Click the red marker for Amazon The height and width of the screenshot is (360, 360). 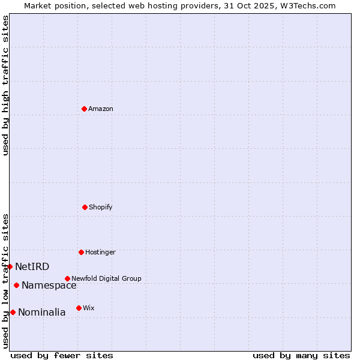(x=84, y=109)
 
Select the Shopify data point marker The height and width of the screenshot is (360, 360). (x=85, y=207)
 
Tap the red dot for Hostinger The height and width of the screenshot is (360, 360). (x=81, y=252)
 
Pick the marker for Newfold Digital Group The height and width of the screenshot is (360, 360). (x=67, y=278)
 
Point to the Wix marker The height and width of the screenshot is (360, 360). (x=79, y=308)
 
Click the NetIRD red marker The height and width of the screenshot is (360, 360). (x=10, y=266)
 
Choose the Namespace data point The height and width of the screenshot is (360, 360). (x=16, y=285)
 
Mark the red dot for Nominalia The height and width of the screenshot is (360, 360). (x=13, y=312)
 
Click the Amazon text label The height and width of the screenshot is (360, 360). (x=101, y=109)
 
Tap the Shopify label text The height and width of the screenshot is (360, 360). (x=101, y=207)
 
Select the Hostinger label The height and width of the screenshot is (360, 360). (x=100, y=252)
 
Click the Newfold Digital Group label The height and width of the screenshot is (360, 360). (x=106, y=278)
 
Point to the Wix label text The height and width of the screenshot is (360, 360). (x=89, y=308)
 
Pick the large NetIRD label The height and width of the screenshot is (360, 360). (x=32, y=266)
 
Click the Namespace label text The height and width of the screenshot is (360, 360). (x=49, y=285)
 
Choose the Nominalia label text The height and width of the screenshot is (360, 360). (x=42, y=312)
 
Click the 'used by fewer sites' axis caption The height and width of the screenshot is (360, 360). (x=62, y=355)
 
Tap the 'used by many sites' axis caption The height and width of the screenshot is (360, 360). (x=301, y=355)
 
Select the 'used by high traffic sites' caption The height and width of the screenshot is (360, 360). (x=5, y=86)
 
